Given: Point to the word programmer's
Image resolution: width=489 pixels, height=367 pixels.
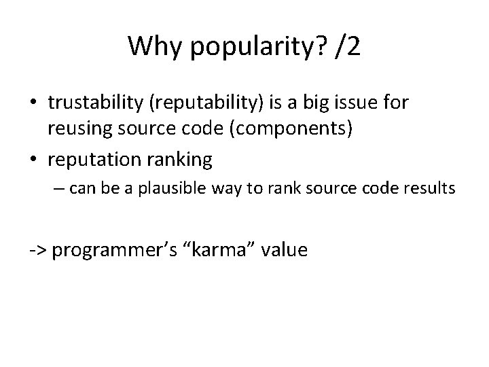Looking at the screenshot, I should tap(114, 251).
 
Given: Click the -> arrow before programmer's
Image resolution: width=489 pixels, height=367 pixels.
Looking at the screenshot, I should tap(37, 250).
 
